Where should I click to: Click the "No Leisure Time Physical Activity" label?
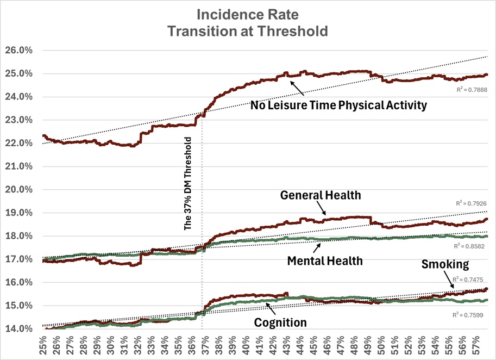[338, 105]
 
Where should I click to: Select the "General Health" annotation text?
[320, 195]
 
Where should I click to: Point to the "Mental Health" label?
[324, 260]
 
